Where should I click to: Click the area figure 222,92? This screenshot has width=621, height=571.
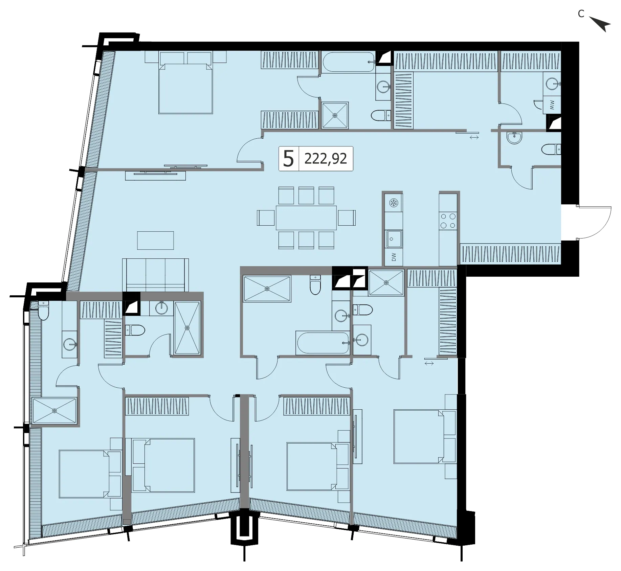[326, 158]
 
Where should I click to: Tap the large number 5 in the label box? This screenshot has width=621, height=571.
[288, 159]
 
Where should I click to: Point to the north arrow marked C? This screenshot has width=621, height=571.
[600, 24]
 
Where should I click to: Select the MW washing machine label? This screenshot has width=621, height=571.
[552, 105]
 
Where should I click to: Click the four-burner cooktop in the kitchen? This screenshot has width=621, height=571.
[447, 221]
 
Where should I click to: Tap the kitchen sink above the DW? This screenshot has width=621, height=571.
[394, 239]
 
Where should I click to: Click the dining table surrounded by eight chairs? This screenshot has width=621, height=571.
[306, 218]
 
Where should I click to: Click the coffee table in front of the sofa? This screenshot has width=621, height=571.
[155, 240]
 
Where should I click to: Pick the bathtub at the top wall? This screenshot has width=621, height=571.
[349, 62]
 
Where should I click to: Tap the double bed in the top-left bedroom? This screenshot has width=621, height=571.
[186, 89]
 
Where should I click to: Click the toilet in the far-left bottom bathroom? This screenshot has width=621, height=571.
[43, 311]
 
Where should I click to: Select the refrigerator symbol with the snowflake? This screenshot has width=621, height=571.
[394, 203]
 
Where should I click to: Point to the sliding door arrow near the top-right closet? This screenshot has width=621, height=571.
[474, 137]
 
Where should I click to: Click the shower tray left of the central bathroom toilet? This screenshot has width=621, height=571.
[267, 289]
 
